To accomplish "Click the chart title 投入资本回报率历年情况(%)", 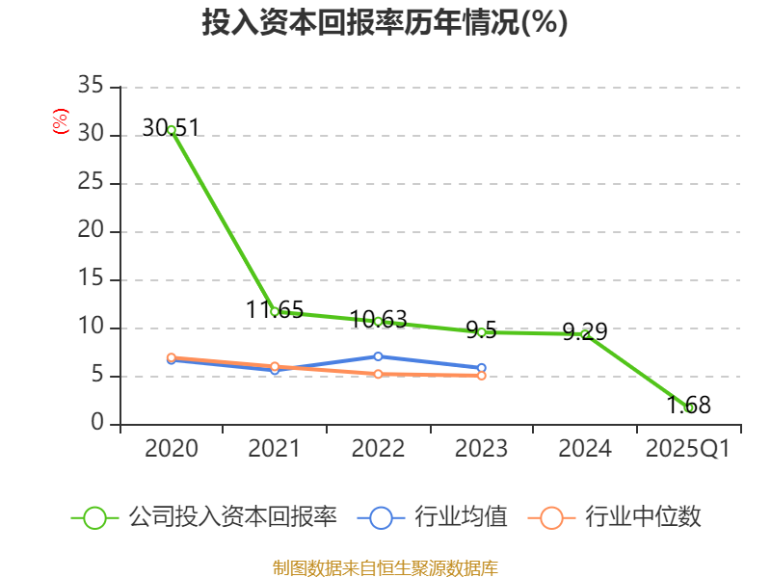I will point(385,23).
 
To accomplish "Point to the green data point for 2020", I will point(172,129).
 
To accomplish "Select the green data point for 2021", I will point(275,311).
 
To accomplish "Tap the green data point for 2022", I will point(378,321).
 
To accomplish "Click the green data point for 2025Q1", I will point(689,407).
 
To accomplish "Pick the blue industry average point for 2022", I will point(378,356).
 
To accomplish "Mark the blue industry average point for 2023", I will point(481,368).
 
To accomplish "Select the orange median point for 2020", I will point(172,357).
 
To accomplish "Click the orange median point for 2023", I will point(481,375).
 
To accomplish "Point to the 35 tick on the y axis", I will point(91,87).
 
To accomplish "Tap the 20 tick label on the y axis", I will point(91,231).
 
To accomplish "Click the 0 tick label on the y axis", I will point(97,424).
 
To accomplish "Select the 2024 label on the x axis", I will point(585,449).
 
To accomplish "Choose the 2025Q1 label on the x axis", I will point(687,449).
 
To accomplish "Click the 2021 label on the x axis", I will point(275,449).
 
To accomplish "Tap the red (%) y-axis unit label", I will point(61,122).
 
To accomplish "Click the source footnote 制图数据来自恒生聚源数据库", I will point(385,567).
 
